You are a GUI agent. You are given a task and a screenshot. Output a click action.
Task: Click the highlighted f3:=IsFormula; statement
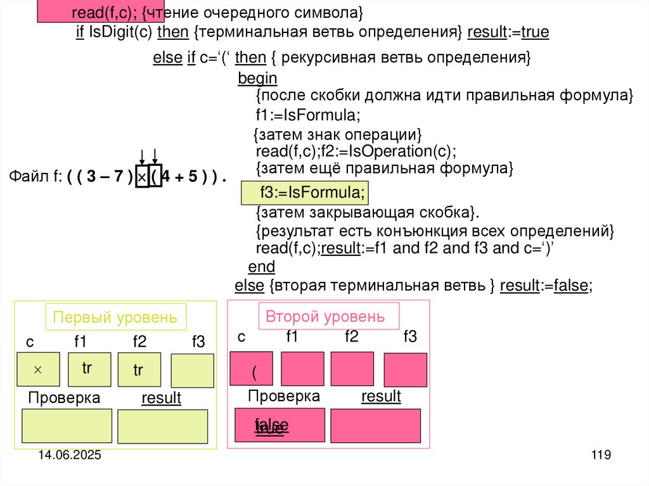(x=304, y=192)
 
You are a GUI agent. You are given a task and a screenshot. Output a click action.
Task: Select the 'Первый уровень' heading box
(x=115, y=317)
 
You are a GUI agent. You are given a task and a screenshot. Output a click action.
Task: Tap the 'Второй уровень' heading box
(x=328, y=316)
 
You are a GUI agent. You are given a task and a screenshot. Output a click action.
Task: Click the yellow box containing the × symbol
(x=38, y=369)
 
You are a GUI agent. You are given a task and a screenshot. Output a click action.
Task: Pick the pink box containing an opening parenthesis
(x=252, y=369)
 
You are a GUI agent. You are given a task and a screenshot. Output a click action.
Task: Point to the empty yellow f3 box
(x=192, y=371)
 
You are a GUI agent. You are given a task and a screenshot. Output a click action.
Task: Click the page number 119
(x=600, y=455)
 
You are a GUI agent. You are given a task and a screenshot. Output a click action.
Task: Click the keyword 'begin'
(x=257, y=78)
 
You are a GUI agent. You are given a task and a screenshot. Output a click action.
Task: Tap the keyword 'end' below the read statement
(x=262, y=266)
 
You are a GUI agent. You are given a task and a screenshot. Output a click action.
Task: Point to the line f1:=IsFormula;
(x=308, y=116)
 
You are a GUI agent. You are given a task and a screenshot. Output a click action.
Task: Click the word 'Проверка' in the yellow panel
(x=64, y=398)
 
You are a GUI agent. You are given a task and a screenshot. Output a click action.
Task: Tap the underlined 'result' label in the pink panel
(x=381, y=397)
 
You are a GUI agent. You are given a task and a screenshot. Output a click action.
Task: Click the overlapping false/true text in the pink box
(x=271, y=426)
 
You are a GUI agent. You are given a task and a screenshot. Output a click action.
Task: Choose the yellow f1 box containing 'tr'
(x=89, y=369)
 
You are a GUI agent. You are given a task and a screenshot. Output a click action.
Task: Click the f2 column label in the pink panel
(x=351, y=336)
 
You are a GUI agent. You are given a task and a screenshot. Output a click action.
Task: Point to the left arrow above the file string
(x=142, y=156)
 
